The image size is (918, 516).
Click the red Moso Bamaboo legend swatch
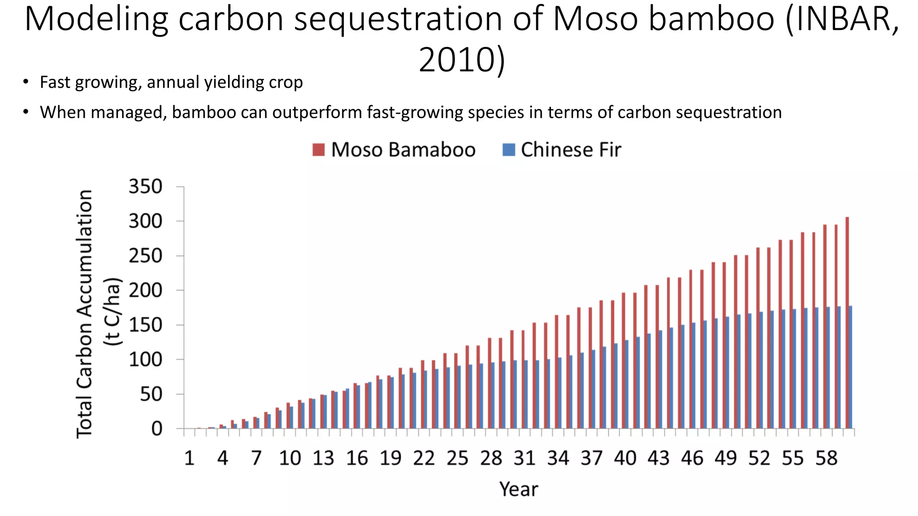tap(318, 150)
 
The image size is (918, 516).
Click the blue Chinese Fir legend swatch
tap(509, 150)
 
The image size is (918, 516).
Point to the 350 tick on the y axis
tap(145, 187)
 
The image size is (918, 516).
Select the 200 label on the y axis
tap(145, 291)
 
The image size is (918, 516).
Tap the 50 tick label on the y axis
tap(151, 395)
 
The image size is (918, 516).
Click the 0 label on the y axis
tap(156, 429)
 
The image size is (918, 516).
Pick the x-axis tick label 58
tap(826, 458)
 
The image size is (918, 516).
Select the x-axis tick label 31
tap(524, 458)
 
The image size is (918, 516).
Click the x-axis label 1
tap(189, 458)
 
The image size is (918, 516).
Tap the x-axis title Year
tap(519, 489)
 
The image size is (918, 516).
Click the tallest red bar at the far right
tap(847, 322)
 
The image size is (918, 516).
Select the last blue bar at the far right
tap(850, 367)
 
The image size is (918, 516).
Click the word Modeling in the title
tap(96, 19)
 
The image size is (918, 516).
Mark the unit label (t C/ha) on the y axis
tap(113, 312)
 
